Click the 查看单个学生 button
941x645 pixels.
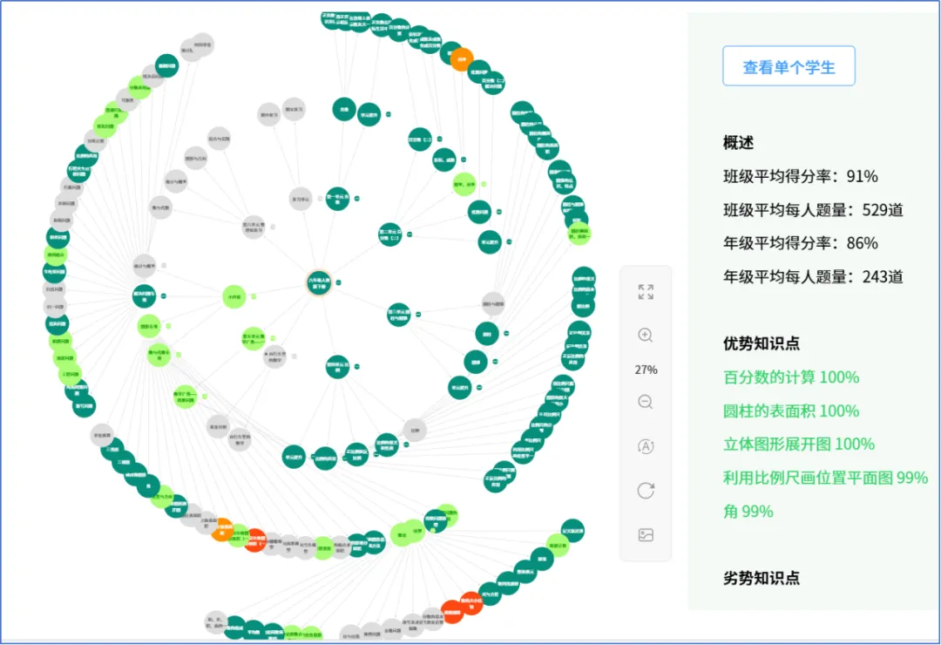789,66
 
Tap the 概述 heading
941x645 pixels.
738,143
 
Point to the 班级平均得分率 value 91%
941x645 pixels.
862,176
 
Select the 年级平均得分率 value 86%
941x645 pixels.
862,243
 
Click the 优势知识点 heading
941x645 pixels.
762,343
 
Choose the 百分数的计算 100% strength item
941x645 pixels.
790,377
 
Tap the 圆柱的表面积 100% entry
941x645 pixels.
790,411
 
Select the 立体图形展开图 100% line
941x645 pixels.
798,444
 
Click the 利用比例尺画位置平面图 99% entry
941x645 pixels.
825,478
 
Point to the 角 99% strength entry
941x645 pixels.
748,512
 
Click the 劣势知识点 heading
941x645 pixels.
762,578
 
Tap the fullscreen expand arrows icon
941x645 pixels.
646,292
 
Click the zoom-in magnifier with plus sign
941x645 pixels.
646,336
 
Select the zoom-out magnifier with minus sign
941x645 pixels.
646,402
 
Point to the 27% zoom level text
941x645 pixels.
646,370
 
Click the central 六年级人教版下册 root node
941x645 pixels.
319,282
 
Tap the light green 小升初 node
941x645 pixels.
234,297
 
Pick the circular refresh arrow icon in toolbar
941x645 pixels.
646,491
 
